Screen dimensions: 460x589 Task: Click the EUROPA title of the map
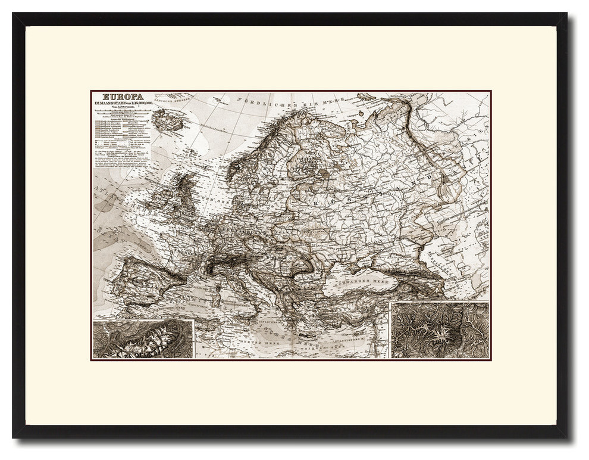pyautogui.click(x=118, y=97)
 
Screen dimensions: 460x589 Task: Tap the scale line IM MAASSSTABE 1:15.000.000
pyautogui.click(x=122, y=105)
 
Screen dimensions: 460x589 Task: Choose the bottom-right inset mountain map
pyautogui.click(x=438, y=330)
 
